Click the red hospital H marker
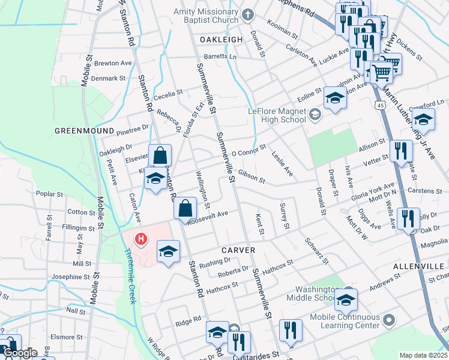[x=141, y=240]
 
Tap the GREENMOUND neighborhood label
[x=84, y=130]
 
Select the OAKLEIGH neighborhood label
[x=221, y=39]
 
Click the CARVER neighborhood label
[x=238, y=250]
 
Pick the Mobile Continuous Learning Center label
[x=345, y=321]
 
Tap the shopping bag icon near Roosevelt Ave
[x=185, y=209]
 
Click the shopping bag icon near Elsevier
[x=160, y=155]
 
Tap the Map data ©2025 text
[x=423, y=355]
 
